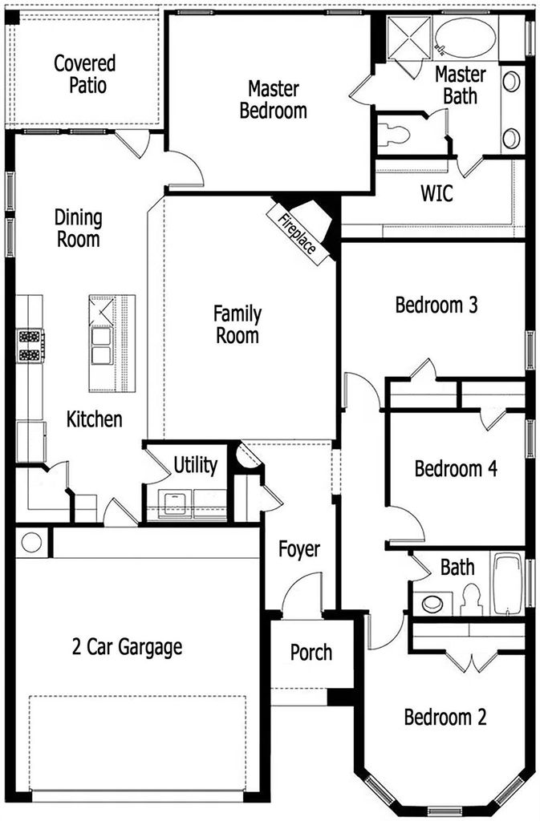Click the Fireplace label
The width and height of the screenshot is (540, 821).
(x=297, y=233)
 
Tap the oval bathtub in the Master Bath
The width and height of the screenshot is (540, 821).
(x=465, y=38)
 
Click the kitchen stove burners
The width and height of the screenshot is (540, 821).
(x=30, y=346)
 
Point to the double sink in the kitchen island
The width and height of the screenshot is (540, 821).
(x=101, y=346)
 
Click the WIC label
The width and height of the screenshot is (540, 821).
(x=436, y=193)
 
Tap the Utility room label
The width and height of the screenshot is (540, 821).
(x=195, y=465)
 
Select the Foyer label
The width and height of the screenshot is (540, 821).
(x=299, y=549)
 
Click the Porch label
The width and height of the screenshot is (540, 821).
(x=311, y=653)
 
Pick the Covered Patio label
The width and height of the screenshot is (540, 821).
(x=85, y=74)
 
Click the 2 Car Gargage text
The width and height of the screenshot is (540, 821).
(x=128, y=647)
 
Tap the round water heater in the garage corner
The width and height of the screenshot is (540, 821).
(x=31, y=542)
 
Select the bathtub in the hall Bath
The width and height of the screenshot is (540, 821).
(x=508, y=584)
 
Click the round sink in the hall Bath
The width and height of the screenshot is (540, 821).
(x=432, y=603)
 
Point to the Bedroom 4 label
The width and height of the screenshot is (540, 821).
(x=456, y=468)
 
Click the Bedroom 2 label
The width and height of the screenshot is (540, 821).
(x=445, y=717)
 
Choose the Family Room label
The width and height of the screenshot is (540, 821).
(x=238, y=325)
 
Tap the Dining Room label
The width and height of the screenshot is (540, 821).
(x=79, y=229)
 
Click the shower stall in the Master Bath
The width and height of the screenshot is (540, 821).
(x=409, y=37)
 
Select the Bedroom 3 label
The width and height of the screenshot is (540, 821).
(x=436, y=305)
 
